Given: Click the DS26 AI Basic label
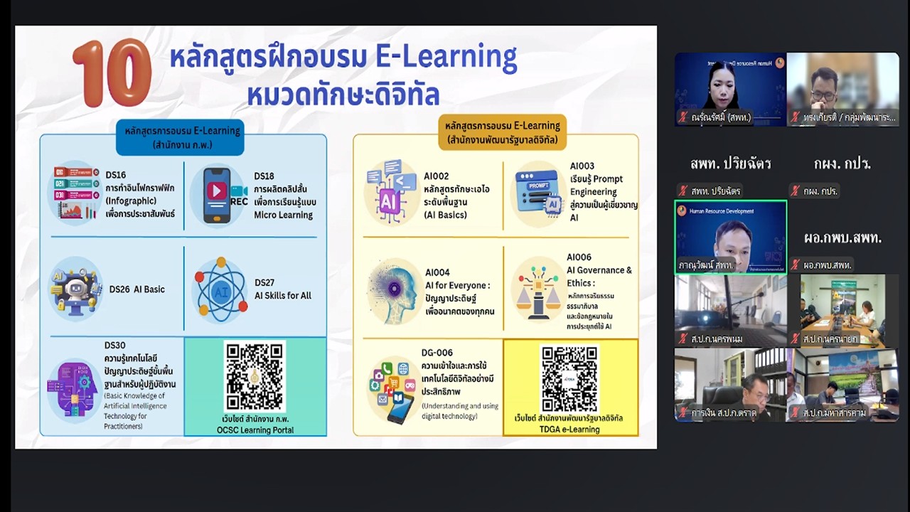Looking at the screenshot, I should (136, 289).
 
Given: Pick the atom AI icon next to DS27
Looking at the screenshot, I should (220, 289).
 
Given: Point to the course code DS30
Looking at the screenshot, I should (115, 346).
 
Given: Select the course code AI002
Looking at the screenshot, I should (436, 176).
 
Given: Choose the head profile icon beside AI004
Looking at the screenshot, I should (393, 291).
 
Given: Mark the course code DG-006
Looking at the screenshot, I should (437, 353).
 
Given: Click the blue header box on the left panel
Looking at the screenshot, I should (181, 137).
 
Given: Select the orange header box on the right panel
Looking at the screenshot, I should (502, 132).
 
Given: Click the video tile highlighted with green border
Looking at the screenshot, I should (730, 237).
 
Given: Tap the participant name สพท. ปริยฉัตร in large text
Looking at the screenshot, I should (730, 164).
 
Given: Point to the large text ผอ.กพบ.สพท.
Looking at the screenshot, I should (842, 238).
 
